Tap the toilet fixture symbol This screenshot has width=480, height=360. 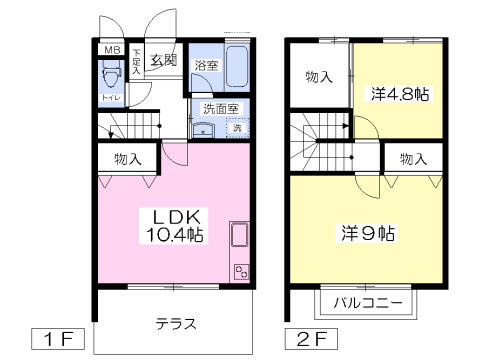(x=109, y=77)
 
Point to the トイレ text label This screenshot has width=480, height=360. (x=109, y=98)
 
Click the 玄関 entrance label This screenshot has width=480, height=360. (x=163, y=60)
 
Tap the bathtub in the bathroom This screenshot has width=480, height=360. (x=235, y=67)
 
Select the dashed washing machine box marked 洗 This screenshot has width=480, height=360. (x=237, y=127)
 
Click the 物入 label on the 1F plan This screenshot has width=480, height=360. (x=127, y=158)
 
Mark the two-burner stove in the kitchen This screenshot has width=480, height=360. (x=240, y=270)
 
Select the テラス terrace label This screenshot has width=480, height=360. (x=175, y=324)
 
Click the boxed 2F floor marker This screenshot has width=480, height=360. (x=306, y=338)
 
